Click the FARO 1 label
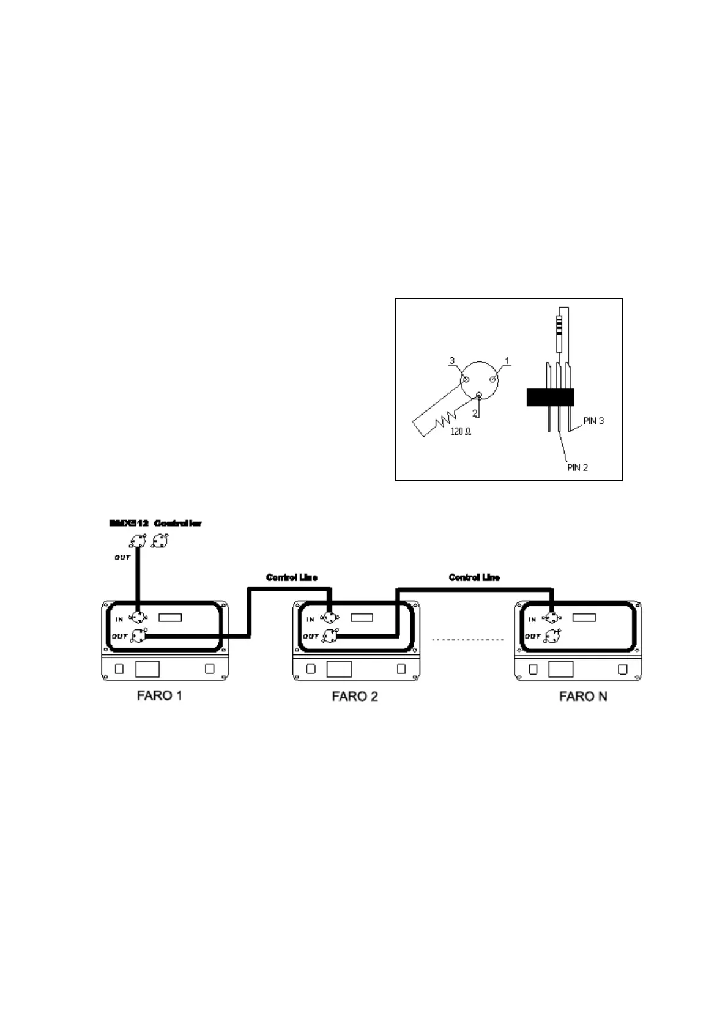pos(159,695)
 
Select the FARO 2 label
pos(355,696)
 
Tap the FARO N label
pos(583,696)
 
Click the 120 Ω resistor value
pos(461,432)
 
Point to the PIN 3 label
pos(593,421)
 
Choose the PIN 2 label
pos(578,467)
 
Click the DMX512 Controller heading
pos(155,524)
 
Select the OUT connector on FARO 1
pos(139,635)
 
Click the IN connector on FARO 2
pos(330,618)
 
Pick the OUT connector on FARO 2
pos(331,635)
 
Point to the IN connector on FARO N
pos(552,618)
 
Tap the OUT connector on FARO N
pos(552,635)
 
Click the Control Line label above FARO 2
pos(292,577)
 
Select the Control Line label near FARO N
pos(474,577)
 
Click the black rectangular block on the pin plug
pos(550,397)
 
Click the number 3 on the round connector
pos(452,361)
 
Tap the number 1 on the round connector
pos(508,361)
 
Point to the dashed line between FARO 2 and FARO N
pos(468,640)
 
